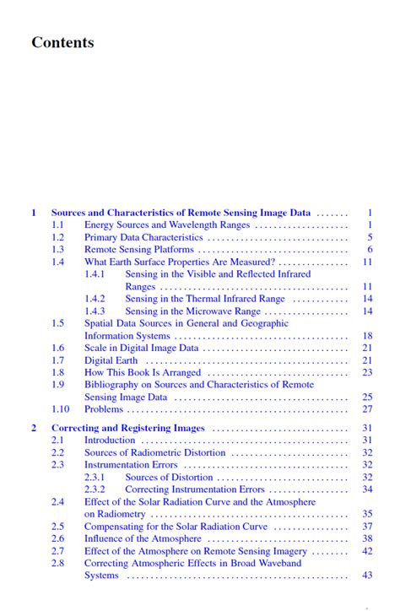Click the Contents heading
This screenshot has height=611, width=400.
pos(62,42)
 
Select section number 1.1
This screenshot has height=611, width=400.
pos(57,225)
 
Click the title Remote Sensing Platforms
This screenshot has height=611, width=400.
pos(139,250)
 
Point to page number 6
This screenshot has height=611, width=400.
pos(369,250)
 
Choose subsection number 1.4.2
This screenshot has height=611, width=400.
pos(95,299)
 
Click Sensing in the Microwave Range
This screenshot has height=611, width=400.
pos(193,311)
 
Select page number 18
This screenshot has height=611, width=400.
pos(367,336)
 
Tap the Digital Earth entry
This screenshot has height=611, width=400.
pos(111,360)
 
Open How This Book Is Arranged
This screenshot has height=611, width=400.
pos(143,372)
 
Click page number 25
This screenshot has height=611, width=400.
pos(367,397)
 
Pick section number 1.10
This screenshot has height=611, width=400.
pos(60,409)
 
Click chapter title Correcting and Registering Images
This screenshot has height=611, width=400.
pos(128,428)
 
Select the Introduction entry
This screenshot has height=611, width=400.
pos(110,441)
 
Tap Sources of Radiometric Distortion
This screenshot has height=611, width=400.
pos(154,453)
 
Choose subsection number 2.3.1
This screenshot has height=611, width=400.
pos(95,478)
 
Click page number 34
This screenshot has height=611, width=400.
pos(367,489)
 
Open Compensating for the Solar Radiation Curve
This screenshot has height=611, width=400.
pos(176,527)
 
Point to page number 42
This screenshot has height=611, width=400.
pos(367,551)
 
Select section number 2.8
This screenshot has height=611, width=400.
pos(57,563)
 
